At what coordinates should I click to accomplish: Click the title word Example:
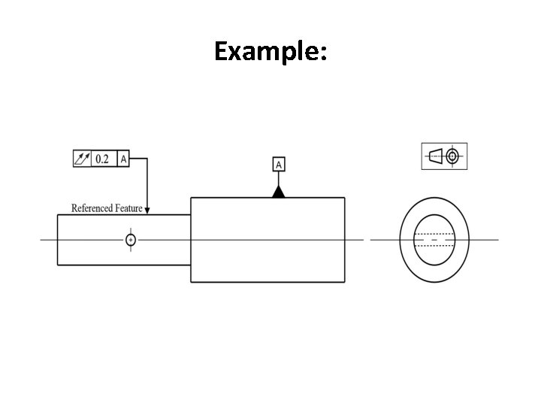point(270,51)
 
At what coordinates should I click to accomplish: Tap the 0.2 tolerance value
point(102,159)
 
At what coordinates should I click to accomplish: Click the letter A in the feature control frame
point(124,159)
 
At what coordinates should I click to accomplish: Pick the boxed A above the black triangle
point(278,164)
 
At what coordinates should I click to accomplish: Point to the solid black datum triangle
point(278,192)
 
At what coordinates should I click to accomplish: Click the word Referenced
point(92,208)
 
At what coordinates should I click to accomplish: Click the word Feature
point(128,208)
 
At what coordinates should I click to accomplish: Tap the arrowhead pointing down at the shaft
point(147,210)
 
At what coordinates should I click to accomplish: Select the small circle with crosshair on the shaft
point(131,240)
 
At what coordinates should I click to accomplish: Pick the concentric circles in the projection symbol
point(452,156)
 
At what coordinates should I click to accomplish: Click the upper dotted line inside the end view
point(434,234)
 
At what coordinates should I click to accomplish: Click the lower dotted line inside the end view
point(434,246)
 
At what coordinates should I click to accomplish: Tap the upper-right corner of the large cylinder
point(345,198)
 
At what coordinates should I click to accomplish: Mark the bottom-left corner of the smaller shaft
point(58,264)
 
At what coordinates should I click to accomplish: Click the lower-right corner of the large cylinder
point(345,282)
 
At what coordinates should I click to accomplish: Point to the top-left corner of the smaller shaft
point(58,215)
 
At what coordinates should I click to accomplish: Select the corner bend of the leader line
point(147,159)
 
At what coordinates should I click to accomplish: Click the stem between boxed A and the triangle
point(278,179)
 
